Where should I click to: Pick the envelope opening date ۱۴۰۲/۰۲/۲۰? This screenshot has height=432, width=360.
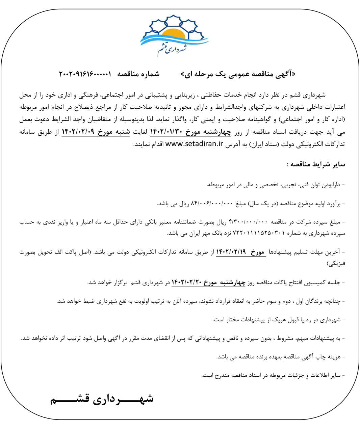(x=186, y=282)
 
